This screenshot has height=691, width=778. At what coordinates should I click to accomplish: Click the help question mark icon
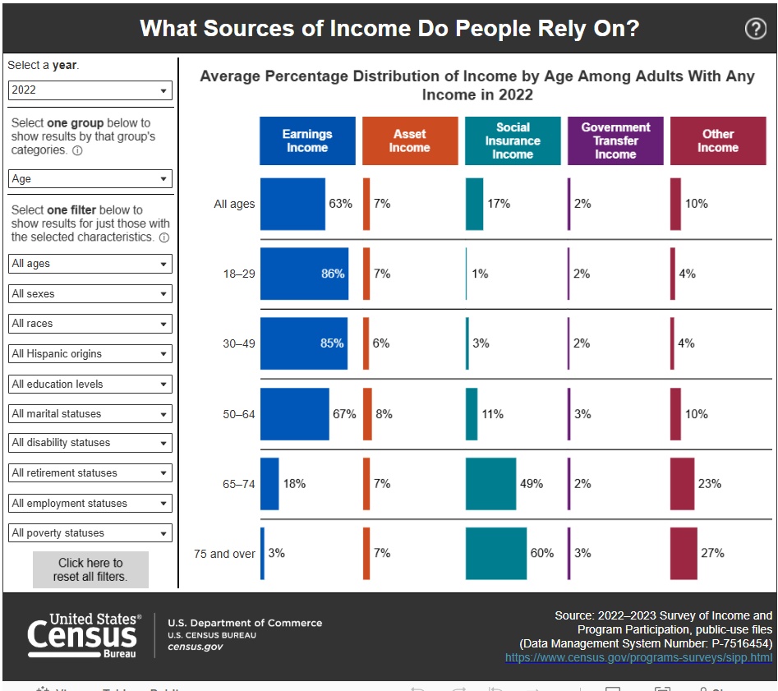click(755, 29)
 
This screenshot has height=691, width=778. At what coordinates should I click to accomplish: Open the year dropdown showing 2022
click(90, 90)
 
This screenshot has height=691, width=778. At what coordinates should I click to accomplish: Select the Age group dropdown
click(90, 178)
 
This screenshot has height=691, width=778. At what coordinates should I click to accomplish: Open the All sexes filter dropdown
click(90, 293)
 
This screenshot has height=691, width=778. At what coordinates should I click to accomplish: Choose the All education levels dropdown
click(90, 384)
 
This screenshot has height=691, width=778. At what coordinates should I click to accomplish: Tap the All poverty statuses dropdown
click(90, 532)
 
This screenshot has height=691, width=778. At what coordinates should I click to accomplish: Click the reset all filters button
click(90, 569)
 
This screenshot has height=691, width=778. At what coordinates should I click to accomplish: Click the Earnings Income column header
click(307, 141)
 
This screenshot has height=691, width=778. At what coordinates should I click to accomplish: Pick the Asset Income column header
click(409, 141)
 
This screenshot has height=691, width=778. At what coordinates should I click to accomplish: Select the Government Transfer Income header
click(615, 141)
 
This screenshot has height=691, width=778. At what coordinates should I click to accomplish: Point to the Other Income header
click(717, 141)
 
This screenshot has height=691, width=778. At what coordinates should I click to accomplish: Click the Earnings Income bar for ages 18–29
click(304, 274)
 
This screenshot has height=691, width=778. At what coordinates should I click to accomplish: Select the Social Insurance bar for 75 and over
click(495, 553)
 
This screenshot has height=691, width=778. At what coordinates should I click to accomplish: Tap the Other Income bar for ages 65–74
click(682, 484)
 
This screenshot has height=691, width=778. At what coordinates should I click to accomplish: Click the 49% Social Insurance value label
click(532, 484)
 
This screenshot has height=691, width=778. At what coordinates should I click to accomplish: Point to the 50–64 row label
click(239, 414)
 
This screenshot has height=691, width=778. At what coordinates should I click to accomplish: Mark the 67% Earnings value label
click(344, 414)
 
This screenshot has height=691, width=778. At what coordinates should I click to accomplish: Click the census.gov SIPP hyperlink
click(638, 657)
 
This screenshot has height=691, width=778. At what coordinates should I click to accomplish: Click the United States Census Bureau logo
click(84, 634)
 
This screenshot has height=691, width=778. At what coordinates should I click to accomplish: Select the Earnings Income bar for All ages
click(292, 204)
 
